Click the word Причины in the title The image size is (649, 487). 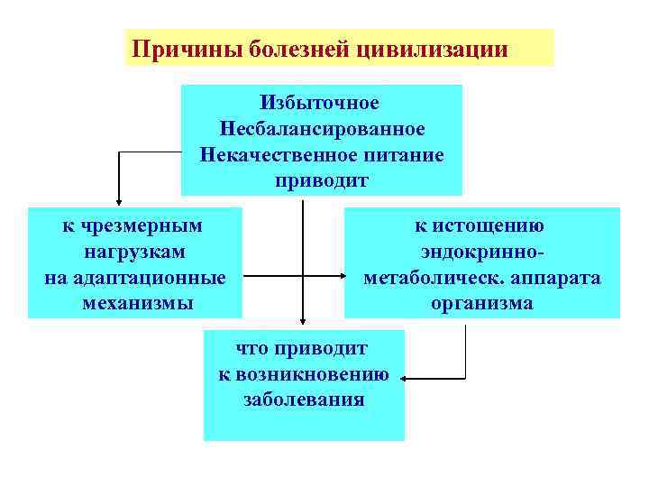click(173, 48)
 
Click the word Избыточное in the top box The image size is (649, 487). click(320, 104)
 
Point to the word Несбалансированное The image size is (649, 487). click(321, 129)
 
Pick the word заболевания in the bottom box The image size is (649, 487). click(304, 399)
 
